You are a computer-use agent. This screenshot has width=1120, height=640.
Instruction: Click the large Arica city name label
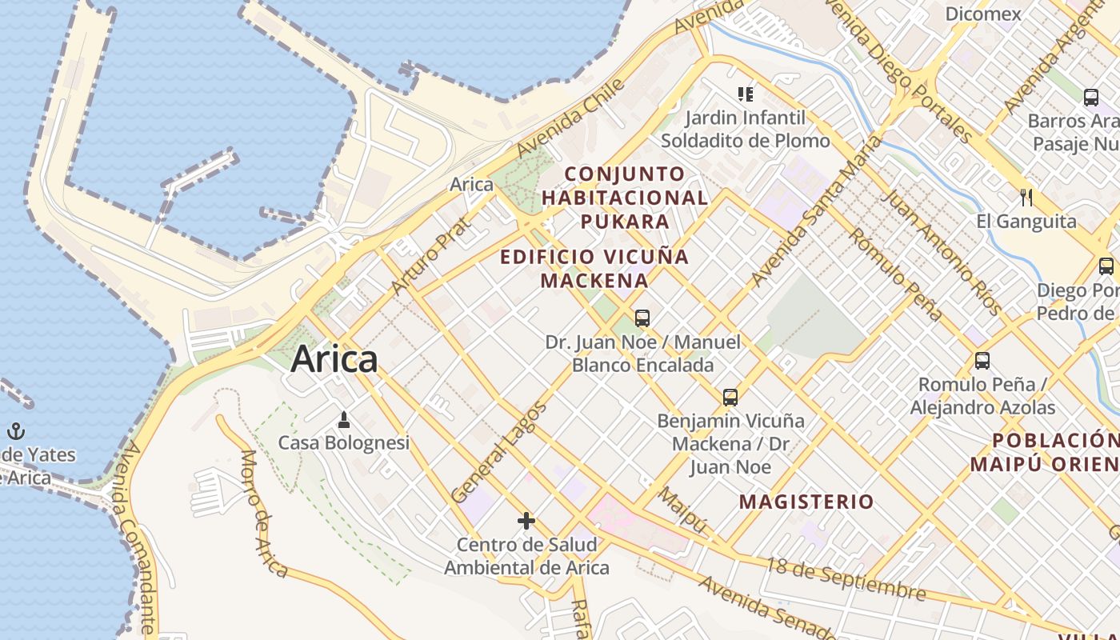click(334, 359)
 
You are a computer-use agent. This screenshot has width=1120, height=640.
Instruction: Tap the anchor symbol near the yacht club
click(16, 431)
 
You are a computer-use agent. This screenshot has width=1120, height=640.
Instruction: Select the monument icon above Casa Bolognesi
click(344, 419)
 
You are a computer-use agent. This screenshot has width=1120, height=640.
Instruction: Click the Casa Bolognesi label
click(343, 442)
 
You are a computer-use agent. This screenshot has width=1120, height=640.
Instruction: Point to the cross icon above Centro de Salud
click(526, 521)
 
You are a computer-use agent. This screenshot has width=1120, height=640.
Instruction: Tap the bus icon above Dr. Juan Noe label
click(642, 318)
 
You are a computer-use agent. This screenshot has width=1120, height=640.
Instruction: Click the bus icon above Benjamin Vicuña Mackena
click(730, 397)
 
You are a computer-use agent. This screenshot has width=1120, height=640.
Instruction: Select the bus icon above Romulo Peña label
click(982, 361)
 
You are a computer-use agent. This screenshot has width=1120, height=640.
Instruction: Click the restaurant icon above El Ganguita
click(1026, 197)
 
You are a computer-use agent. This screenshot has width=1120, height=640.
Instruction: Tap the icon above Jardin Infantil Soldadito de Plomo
click(746, 94)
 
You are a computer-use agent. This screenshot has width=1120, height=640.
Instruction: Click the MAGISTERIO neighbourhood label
click(806, 502)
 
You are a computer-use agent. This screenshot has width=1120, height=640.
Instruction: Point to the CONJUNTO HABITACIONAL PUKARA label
click(625, 197)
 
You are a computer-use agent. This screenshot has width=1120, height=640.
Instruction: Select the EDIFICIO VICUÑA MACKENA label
click(594, 268)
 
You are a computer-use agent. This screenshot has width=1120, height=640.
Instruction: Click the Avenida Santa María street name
click(816, 211)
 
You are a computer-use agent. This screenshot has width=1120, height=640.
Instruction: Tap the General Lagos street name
click(498, 453)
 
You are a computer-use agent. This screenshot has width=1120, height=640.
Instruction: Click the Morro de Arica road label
click(263, 512)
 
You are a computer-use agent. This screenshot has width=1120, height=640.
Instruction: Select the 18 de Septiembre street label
click(846, 578)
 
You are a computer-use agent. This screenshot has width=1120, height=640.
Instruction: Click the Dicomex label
click(983, 14)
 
